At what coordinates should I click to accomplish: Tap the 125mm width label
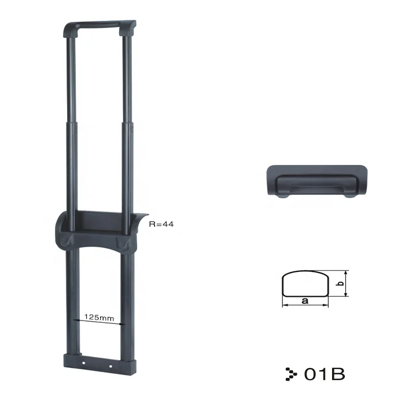[x=98, y=316]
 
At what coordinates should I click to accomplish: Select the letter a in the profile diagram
[x=304, y=301]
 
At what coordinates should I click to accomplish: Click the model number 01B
[x=325, y=374]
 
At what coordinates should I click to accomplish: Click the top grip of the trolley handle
[x=101, y=26]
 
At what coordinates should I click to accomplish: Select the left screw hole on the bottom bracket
[x=84, y=364]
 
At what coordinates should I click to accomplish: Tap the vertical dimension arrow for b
[x=346, y=283]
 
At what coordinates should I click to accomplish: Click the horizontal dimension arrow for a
[x=305, y=306]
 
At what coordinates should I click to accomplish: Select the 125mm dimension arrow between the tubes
[x=98, y=323]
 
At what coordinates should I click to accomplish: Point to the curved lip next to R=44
[x=142, y=223]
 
